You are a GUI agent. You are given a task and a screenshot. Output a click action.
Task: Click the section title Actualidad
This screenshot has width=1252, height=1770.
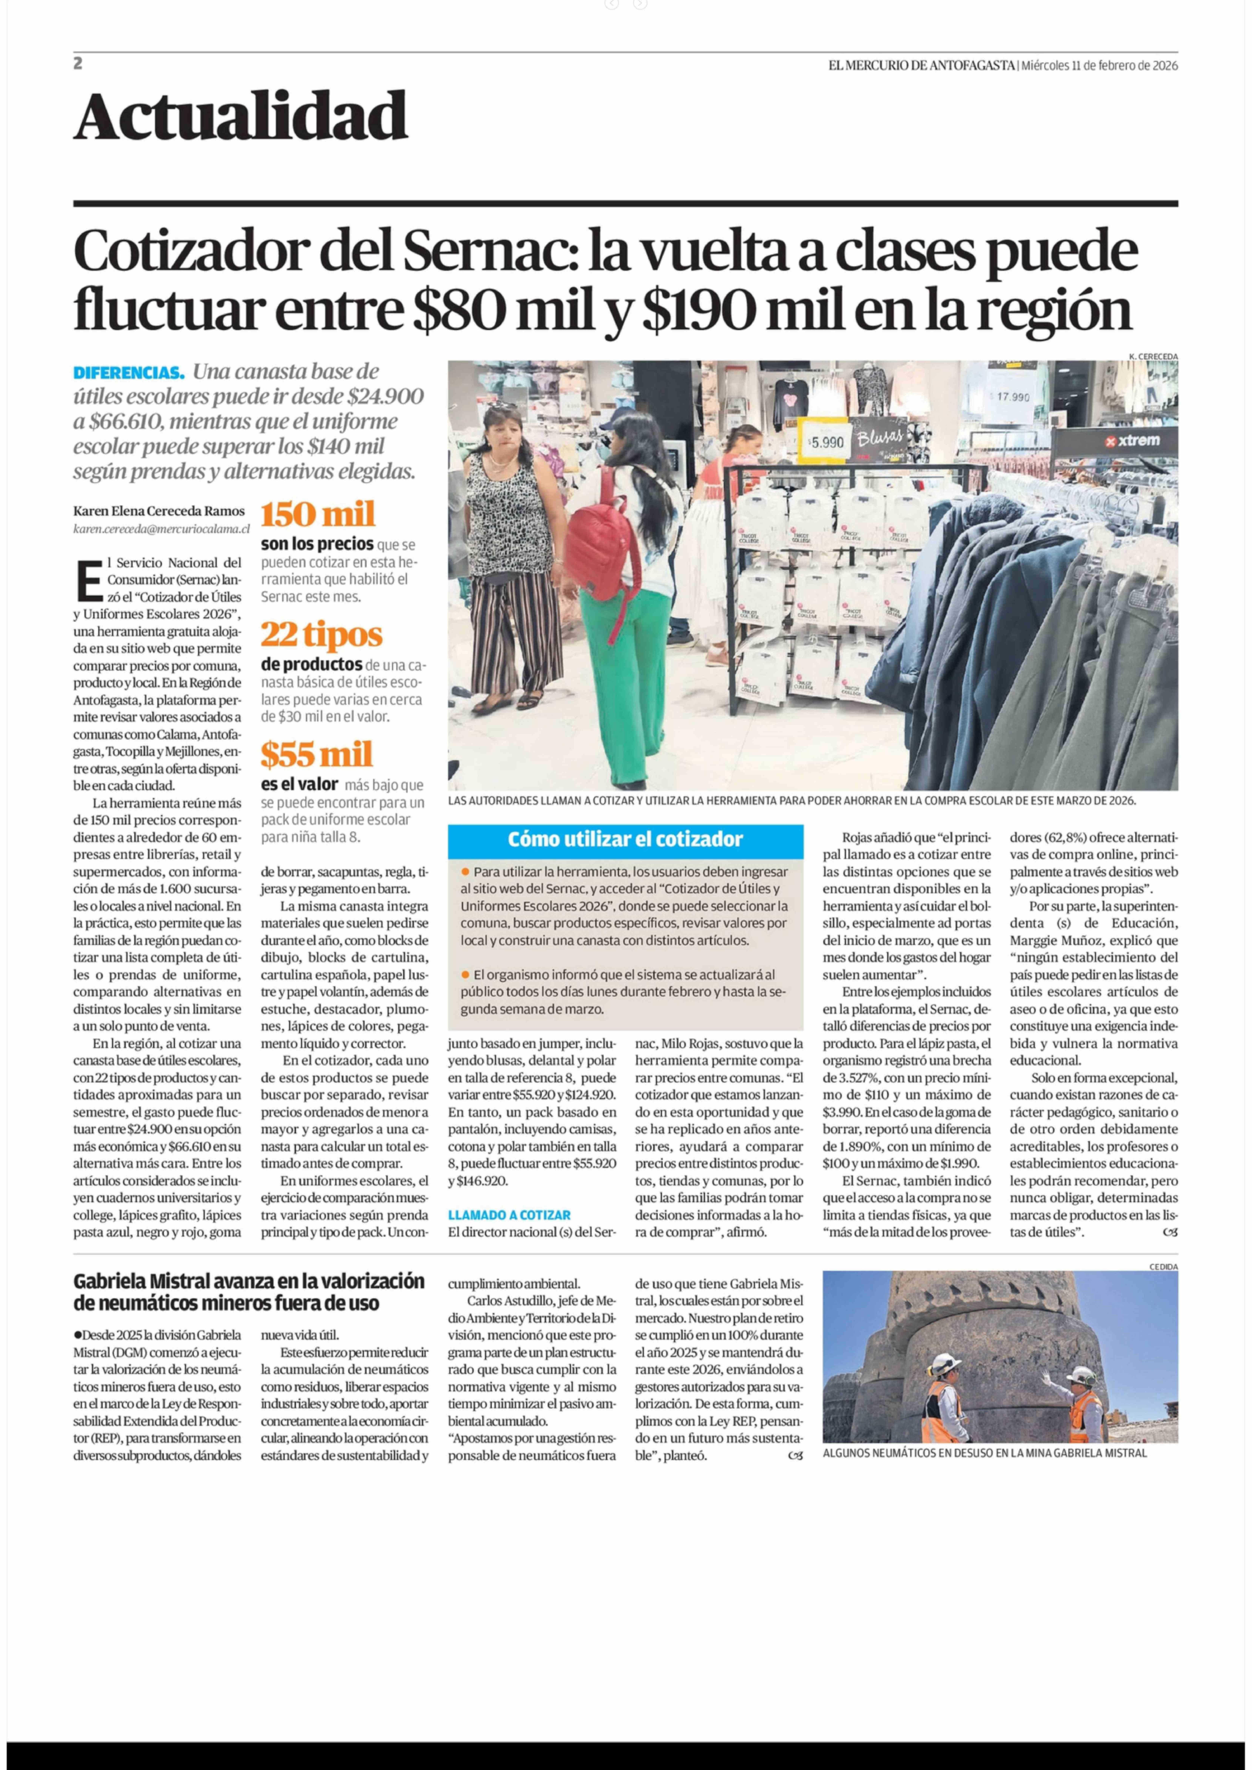241,116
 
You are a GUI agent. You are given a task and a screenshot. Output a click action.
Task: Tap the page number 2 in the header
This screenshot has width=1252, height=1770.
78,64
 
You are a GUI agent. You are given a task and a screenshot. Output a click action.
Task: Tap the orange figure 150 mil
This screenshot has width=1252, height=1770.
318,514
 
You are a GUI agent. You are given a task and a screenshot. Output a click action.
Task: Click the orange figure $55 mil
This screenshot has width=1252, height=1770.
317,755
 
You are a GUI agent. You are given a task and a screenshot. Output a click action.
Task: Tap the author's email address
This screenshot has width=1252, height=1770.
162,529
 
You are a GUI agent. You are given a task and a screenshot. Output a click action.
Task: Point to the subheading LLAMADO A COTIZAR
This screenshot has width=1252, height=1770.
510,1215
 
